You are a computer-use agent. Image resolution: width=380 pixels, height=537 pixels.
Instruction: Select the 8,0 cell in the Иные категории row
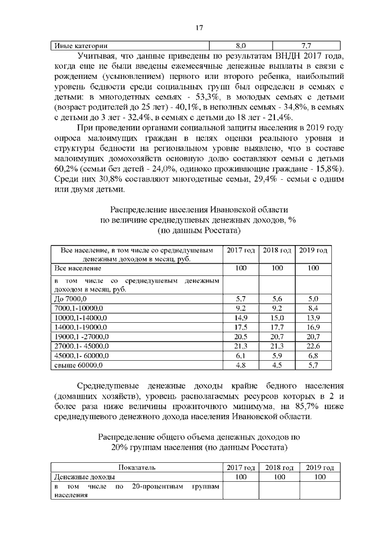coord(241,45)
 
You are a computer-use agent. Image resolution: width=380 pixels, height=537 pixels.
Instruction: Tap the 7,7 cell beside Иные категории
coord(307,45)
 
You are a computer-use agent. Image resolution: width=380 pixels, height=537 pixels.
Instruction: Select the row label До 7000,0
coord(71,298)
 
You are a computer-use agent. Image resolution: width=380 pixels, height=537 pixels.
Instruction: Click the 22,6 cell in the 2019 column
coord(313,346)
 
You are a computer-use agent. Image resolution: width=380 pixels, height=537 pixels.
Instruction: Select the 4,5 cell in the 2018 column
coord(277,365)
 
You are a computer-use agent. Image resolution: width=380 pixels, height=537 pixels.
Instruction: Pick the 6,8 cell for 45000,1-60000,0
coord(313,355)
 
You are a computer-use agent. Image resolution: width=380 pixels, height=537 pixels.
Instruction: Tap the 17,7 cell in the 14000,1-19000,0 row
coord(277,327)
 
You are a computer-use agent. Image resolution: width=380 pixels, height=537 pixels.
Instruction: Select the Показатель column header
coord(137,467)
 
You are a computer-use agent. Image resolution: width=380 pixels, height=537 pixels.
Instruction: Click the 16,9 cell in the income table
coord(313,327)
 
